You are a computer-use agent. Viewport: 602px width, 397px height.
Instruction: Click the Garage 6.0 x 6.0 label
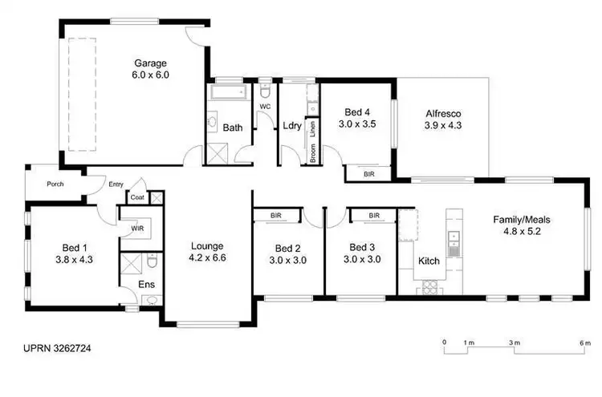(151, 68)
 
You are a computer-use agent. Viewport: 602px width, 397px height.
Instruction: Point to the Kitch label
(429, 261)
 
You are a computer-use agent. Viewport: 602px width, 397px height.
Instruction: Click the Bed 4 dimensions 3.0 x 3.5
(358, 124)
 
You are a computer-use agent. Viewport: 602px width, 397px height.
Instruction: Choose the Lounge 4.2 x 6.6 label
(206, 253)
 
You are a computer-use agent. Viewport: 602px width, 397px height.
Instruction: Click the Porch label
(55, 184)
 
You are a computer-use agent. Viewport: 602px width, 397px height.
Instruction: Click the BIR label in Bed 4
(369, 173)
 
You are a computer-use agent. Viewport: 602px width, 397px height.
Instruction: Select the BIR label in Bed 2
(275, 216)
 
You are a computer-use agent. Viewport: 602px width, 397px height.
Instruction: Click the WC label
(265, 107)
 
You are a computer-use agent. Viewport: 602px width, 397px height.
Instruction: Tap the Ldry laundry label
(291, 126)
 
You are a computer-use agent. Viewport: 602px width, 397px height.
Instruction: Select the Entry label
(116, 184)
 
